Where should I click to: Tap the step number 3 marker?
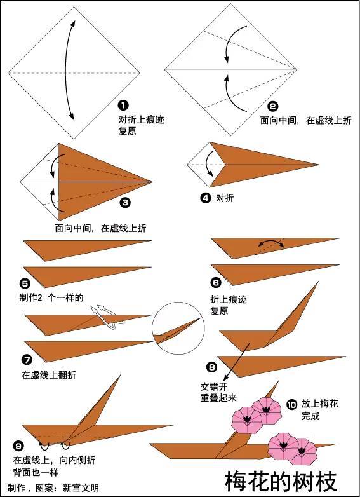point(125,203)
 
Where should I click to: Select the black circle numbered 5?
point(25,283)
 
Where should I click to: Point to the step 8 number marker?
point(211,367)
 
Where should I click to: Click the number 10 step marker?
point(291,404)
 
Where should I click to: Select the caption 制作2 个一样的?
point(51,297)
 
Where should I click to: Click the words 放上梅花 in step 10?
point(319,404)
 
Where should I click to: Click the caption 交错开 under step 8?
point(213,386)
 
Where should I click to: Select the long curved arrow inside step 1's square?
point(68,70)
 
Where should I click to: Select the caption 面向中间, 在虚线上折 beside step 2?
point(305,119)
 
